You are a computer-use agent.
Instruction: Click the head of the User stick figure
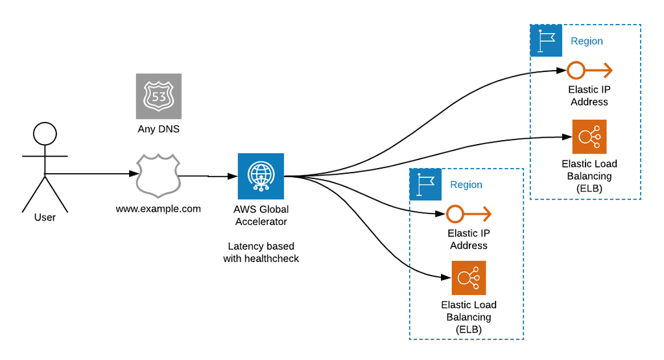point(45,134)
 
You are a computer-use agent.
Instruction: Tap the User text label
point(45,217)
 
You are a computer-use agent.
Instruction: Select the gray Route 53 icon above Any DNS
point(159,96)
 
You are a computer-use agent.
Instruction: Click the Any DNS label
point(159,129)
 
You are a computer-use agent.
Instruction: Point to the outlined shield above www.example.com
point(158,175)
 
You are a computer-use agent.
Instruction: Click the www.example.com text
point(158,209)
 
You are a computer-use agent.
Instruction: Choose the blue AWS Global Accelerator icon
point(261,176)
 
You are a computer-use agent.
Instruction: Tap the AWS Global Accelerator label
point(261,215)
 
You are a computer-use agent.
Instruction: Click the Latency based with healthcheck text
point(261,252)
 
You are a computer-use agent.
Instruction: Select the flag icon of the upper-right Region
point(546,41)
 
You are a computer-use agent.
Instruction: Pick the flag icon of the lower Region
point(425,185)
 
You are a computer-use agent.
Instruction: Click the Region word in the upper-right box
point(587,41)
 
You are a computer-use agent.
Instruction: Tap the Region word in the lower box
point(466,185)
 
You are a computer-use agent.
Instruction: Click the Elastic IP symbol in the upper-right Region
point(589,70)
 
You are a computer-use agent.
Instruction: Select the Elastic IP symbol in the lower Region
point(468,213)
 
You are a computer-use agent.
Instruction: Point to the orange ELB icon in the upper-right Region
point(589,136)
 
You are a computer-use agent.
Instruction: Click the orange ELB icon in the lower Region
point(469,278)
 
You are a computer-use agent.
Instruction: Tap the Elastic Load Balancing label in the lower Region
point(469,317)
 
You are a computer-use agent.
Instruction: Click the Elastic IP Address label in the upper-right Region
point(589,95)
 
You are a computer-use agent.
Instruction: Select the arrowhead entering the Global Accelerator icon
point(232,176)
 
